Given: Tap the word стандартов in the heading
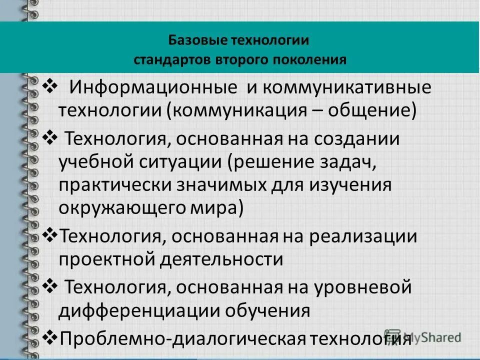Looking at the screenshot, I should (x=172, y=59).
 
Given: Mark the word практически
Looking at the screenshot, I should (x=115, y=184).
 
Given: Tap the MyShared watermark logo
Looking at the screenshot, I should (x=423, y=336).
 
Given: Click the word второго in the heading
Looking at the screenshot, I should (x=236, y=59).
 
